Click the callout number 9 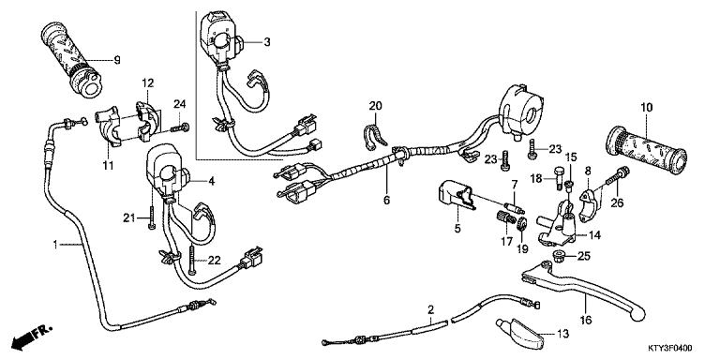(118, 61)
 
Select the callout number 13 (562, 333)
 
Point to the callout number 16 (588, 319)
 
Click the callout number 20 (375, 105)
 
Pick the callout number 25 (583, 257)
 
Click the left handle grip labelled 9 (71, 58)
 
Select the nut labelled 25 (561, 256)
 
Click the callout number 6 (384, 200)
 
